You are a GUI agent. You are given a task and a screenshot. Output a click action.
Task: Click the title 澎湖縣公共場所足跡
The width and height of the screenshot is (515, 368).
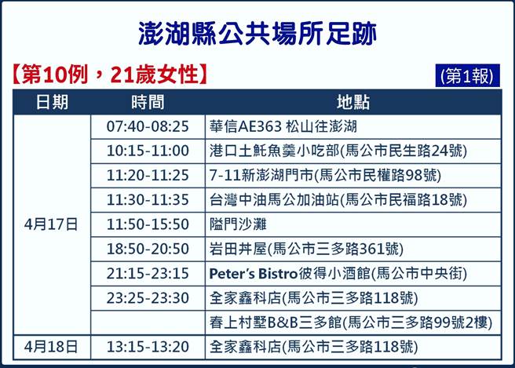pos(257,34)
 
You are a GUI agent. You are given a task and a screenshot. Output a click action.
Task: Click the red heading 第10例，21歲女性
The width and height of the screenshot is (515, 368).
pos(110,75)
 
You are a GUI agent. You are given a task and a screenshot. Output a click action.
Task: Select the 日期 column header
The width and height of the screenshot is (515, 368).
pos(52,103)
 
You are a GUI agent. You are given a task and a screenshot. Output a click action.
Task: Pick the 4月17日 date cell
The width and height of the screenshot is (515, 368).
pos(52,224)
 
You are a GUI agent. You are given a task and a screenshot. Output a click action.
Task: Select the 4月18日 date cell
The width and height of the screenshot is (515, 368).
pos(52,345)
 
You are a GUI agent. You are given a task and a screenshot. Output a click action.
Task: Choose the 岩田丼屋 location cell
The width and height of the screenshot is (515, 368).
pos(307,249)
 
